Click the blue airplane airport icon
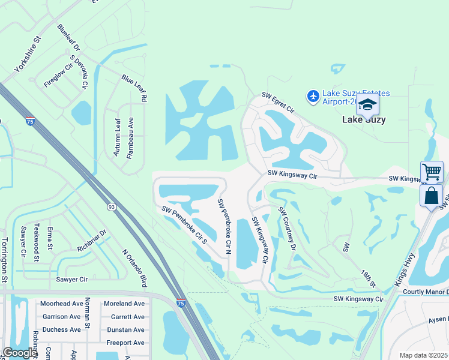[x=313, y=96]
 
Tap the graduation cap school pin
[x=367, y=106]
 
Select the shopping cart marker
[x=432, y=172]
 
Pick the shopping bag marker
[x=431, y=196]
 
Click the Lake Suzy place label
[x=364, y=119]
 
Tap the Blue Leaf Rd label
[x=134, y=88]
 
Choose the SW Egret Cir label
[x=278, y=103]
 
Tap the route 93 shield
[x=112, y=206]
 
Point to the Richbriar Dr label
[x=91, y=240]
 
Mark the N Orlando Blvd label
[x=134, y=268]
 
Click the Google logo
[x=20, y=353]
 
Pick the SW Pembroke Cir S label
[x=184, y=224]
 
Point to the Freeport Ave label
[x=125, y=343]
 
